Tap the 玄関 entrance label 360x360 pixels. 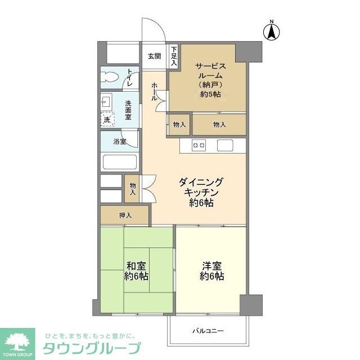click(x=155, y=56)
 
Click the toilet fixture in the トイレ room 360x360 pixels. click(x=110, y=77)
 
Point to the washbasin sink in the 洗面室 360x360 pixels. click(x=107, y=102)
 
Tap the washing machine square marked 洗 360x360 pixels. click(x=107, y=119)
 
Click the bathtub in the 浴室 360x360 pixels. click(x=119, y=161)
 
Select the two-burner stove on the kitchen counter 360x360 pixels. click(x=199, y=145)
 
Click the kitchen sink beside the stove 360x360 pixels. click(x=226, y=145)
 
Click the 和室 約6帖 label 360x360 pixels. click(x=137, y=271)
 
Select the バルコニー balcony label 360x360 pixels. click(x=207, y=331)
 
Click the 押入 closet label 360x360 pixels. click(x=125, y=215)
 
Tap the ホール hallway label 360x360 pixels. click(x=154, y=92)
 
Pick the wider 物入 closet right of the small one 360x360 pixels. click(x=219, y=124)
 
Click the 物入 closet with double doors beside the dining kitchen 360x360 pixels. click(x=133, y=189)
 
